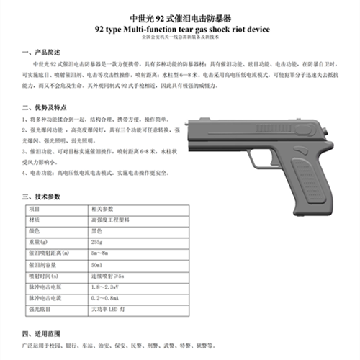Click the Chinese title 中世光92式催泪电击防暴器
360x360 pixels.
[179, 17]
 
